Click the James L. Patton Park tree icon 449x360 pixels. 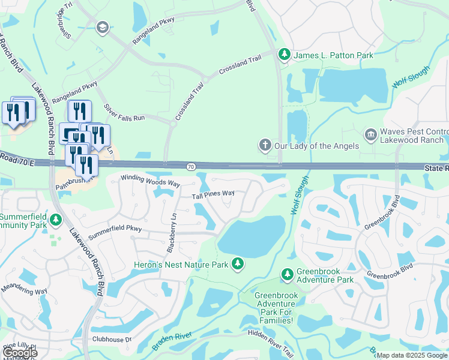click(285, 55)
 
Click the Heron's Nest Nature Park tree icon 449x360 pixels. click(238, 264)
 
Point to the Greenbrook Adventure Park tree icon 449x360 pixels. click(287, 275)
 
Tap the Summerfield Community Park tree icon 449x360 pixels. click(56, 221)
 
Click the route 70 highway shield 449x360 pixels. click(190, 166)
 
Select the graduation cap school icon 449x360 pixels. click(102, 27)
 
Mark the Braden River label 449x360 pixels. click(174, 339)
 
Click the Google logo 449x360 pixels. click(20, 353)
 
